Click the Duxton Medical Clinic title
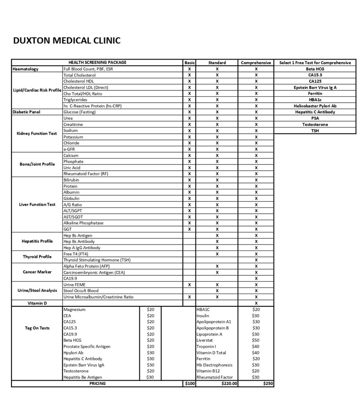tap(67, 40)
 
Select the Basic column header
tap(190, 63)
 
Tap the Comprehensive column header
tap(256, 63)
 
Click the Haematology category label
tap(26, 69)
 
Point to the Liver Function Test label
tap(37, 205)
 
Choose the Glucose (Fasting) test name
tap(79, 112)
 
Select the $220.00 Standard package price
tap(230, 383)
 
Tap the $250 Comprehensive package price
tap(268, 383)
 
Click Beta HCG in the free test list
tap(315, 69)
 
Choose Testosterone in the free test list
tap(315, 124)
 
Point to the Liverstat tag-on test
tap(205, 340)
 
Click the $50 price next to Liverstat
tap(256, 340)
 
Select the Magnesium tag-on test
tap(74, 309)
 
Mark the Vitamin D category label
tap(37, 303)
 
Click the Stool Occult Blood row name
tap(81, 291)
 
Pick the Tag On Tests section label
tap(37, 328)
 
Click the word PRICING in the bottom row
tap(97, 383)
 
